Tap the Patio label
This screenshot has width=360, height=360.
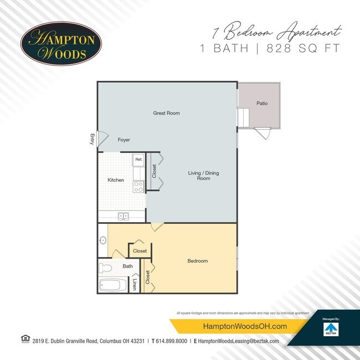[262, 103]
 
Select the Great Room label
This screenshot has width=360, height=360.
[166, 113]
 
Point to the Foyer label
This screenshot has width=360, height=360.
[124, 140]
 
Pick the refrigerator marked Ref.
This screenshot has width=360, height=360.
[138, 160]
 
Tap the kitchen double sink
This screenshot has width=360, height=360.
[122, 216]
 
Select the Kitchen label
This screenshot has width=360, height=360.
[116, 180]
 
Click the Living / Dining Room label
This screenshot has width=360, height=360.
[203, 176]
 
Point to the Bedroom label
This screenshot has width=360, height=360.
[197, 261]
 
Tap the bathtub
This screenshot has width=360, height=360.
[113, 286]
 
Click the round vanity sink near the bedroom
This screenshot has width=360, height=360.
[103, 240]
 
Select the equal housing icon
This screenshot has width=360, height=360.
[24, 339]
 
